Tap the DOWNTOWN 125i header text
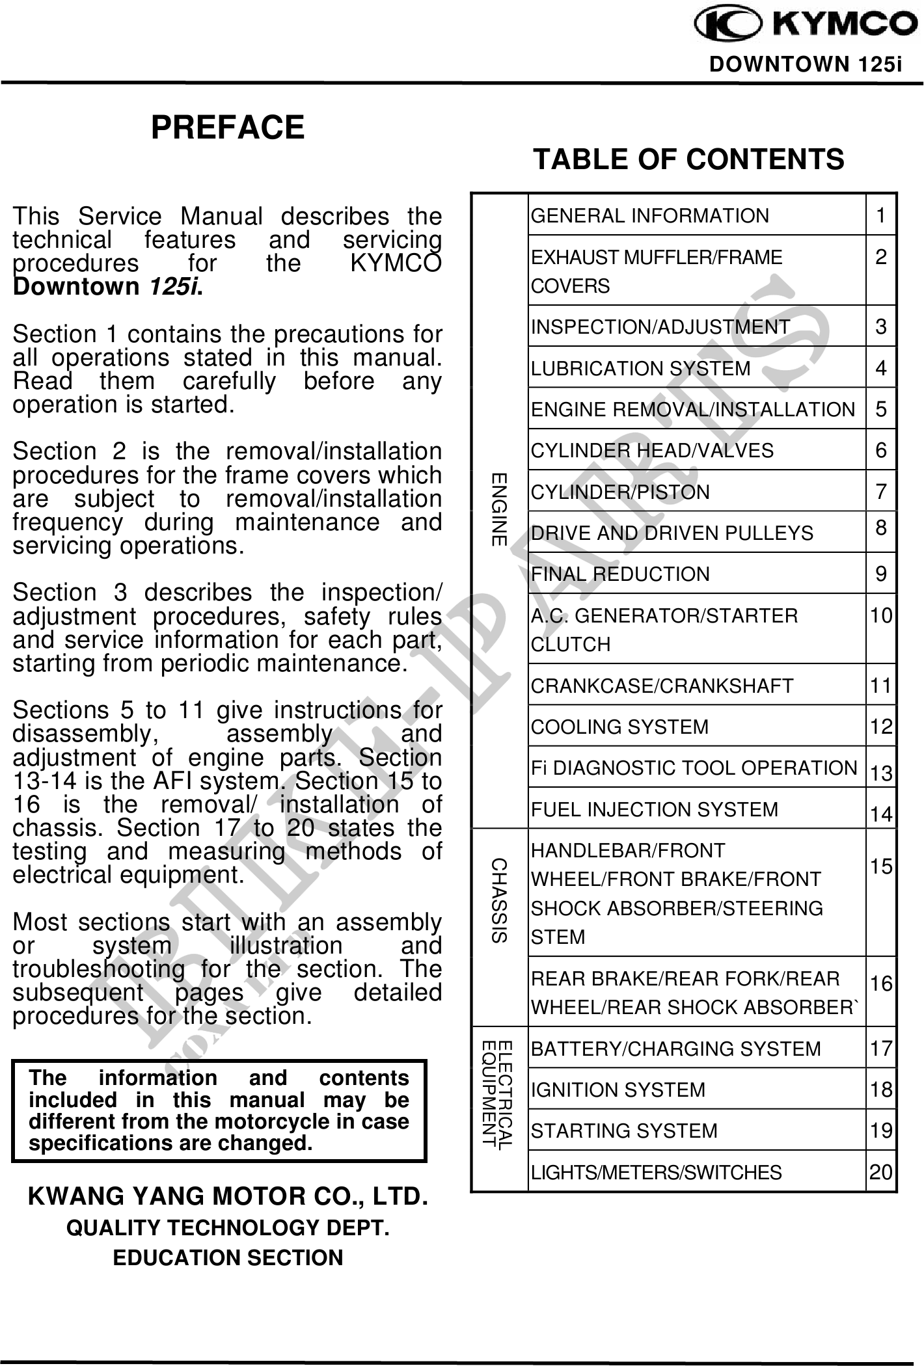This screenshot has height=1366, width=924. [806, 64]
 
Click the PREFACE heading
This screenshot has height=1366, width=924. [228, 127]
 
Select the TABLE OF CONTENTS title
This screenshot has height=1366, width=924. [688, 159]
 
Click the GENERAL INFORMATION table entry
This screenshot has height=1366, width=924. [650, 216]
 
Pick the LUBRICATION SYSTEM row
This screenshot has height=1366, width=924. [641, 369]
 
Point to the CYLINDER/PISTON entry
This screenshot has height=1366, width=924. [620, 492]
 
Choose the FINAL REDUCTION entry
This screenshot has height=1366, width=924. [620, 574]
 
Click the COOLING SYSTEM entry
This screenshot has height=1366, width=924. [619, 727]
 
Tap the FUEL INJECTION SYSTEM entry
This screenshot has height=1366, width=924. [655, 809]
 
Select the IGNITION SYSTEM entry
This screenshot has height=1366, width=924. [618, 1090]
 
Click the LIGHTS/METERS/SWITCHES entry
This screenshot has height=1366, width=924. [657, 1172]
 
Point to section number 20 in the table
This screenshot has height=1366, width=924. [881, 1172]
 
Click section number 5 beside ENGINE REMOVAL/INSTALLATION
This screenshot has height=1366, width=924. [881, 409]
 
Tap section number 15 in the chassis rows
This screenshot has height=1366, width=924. [881, 866]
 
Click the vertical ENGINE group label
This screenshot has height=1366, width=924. [499, 509]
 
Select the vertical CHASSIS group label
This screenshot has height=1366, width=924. [499, 901]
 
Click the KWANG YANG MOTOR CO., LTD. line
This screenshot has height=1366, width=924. [228, 1197]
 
